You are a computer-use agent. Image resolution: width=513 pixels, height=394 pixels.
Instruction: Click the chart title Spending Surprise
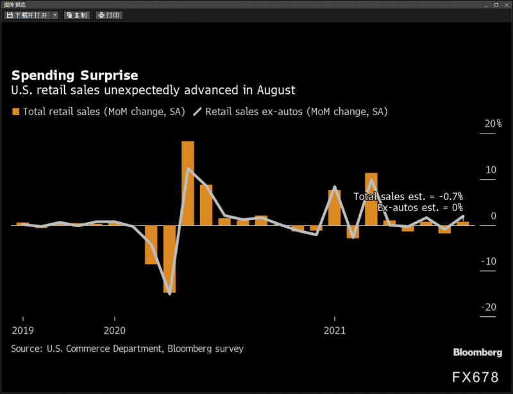click(x=74, y=75)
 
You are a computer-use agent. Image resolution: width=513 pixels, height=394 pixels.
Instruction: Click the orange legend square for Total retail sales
click(x=16, y=112)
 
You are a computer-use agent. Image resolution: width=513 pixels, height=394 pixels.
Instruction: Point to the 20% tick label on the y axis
click(x=492, y=124)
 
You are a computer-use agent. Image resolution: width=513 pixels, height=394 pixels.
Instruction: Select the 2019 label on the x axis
click(x=23, y=330)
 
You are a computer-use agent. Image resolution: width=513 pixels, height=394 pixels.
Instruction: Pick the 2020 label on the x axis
click(x=114, y=330)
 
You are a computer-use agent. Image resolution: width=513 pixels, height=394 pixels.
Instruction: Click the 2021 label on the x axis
click(x=335, y=330)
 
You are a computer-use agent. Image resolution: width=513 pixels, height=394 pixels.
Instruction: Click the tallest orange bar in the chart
click(x=188, y=183)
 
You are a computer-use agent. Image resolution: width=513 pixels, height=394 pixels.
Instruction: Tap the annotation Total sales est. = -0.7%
click(x=408, y=196)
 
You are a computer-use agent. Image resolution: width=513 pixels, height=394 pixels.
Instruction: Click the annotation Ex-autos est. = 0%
click(x=420, y=208)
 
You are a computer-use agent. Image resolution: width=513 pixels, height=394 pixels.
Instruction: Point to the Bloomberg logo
click(x=477, y=352)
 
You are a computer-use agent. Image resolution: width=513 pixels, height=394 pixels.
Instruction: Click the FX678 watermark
click(x=475, y=377)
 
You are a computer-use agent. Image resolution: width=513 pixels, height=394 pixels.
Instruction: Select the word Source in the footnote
click(x=26, y=348)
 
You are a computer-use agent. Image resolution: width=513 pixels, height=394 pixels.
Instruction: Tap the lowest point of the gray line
click(x=170, y=294)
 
